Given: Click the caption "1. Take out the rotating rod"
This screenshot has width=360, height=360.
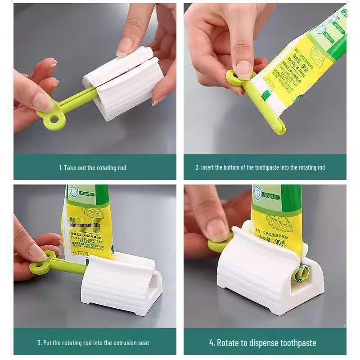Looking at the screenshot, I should tap(93, 168).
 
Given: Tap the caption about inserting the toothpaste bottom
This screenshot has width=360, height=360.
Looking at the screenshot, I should tap(260, 168).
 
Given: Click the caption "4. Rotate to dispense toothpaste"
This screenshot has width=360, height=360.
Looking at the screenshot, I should tap(262, 343).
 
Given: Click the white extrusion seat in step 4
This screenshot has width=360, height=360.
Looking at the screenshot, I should tap(265, 279).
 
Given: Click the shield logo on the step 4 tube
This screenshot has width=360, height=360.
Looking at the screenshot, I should tap(257, 192).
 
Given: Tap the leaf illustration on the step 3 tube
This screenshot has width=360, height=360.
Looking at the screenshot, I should tap(92, 211).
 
